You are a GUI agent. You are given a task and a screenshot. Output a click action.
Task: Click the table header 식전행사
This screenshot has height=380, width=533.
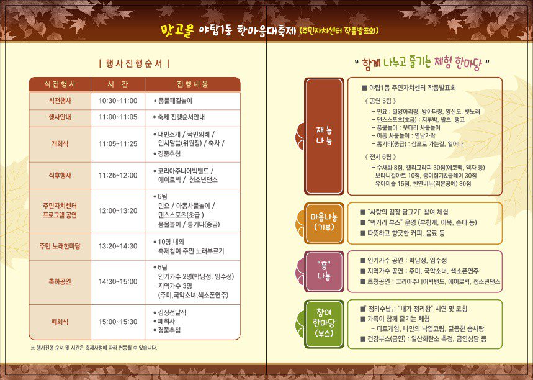tap(60, 84)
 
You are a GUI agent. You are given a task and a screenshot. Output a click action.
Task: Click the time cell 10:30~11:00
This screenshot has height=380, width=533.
tap(118, 101)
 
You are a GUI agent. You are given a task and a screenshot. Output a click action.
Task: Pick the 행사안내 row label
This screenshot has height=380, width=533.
tap(60, 117)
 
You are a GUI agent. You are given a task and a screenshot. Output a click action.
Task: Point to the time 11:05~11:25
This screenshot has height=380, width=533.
tap(118, 144)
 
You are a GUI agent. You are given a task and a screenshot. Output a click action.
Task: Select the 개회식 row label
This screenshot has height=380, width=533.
tap(60, 144)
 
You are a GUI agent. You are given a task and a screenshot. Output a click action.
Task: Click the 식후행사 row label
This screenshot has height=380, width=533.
tap(60, 176)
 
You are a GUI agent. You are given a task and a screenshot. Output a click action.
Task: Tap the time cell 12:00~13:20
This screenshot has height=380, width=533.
tap(118, 211)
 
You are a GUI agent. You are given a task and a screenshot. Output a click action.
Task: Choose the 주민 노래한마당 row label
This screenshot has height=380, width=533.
tap(60, 247)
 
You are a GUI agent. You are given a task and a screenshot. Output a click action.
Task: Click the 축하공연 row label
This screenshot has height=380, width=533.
tap(60, 281)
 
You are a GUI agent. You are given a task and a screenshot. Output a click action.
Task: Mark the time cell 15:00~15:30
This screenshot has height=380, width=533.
tap(118, 322)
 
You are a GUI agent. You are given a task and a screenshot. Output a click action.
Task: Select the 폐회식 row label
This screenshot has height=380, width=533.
tap(60, 322)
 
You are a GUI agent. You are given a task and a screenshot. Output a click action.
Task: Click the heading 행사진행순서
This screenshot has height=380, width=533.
tap(134, 63)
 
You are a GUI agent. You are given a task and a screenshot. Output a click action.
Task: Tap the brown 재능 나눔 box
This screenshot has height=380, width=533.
tap(324, 136)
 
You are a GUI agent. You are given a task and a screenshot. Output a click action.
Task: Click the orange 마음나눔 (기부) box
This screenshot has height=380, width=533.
tap(324, 222)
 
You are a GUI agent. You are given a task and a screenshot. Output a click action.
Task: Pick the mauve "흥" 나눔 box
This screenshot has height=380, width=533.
tap(324, 271)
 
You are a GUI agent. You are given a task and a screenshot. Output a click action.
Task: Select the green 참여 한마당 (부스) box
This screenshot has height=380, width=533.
tap(324, 323)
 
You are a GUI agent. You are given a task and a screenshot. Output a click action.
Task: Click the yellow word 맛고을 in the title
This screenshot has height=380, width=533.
tap(177, 30)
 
